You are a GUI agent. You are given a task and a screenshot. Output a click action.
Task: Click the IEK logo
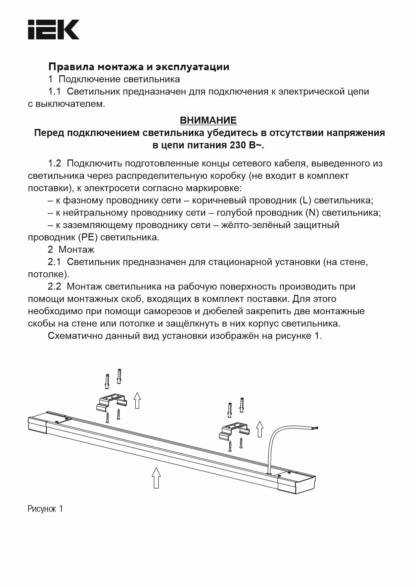(53, 30)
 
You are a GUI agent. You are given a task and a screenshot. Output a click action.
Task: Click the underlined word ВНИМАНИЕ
(208, 120)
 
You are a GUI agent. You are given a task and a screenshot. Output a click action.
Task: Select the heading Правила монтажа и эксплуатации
(139, 67)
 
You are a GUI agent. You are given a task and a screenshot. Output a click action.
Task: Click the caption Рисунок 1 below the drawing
(45, 509)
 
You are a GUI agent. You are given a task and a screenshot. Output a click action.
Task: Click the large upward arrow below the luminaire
(155, 477)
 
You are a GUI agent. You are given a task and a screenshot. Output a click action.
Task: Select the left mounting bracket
(112, 402)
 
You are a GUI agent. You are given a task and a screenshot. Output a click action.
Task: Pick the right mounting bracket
(234, 432)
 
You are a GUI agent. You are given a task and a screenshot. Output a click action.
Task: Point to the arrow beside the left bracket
(137, 400)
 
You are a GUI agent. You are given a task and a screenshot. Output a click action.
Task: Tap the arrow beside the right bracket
(259, 428)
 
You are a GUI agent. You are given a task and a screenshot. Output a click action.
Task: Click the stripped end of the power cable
(315, 428)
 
